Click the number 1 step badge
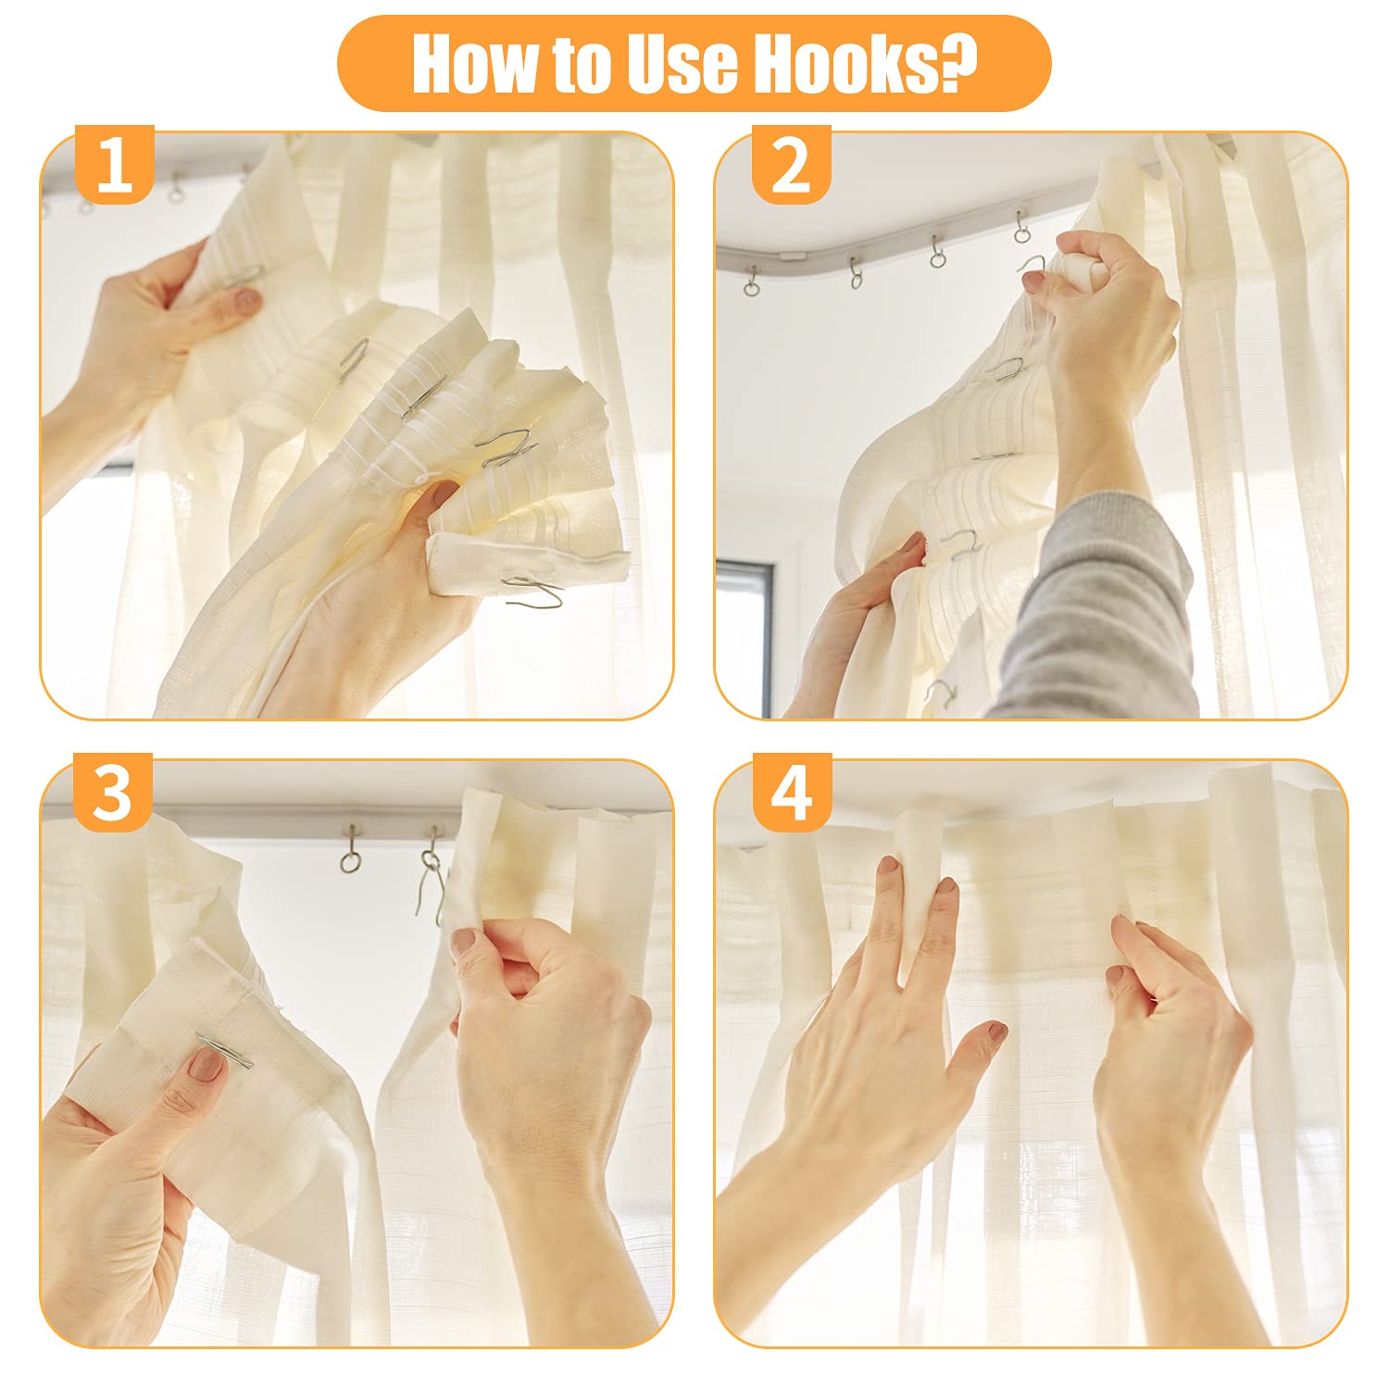coord(114,164)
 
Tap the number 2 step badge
coord(791,164)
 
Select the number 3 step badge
coord(113,793)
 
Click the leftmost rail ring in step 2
coord(750,282)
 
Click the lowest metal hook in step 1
coord(532,590)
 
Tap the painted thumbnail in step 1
coord(246,299)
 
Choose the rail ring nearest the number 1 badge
coord(176,189)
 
